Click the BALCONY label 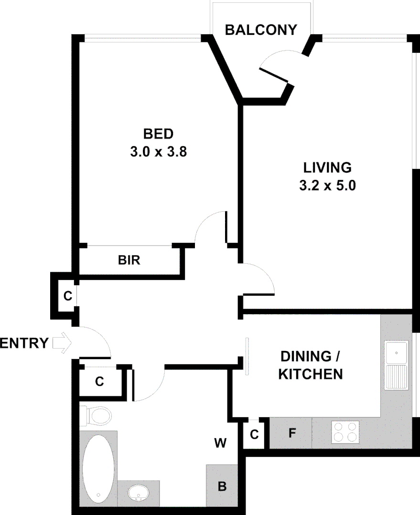(261, 30)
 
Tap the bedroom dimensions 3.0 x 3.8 (158, 152)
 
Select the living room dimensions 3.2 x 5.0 (328, 185)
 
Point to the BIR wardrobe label (129, 260)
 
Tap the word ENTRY (24, 343)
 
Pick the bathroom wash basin (139, 493)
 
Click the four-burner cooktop (345, 433)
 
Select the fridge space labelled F (291, 433)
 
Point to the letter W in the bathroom (220, 443)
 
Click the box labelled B (222, 486)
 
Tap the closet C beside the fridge (254, 434)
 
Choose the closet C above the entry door (67, 296)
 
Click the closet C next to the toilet (99, 381)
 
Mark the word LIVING (328, 168)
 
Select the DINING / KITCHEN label (311, 365)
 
